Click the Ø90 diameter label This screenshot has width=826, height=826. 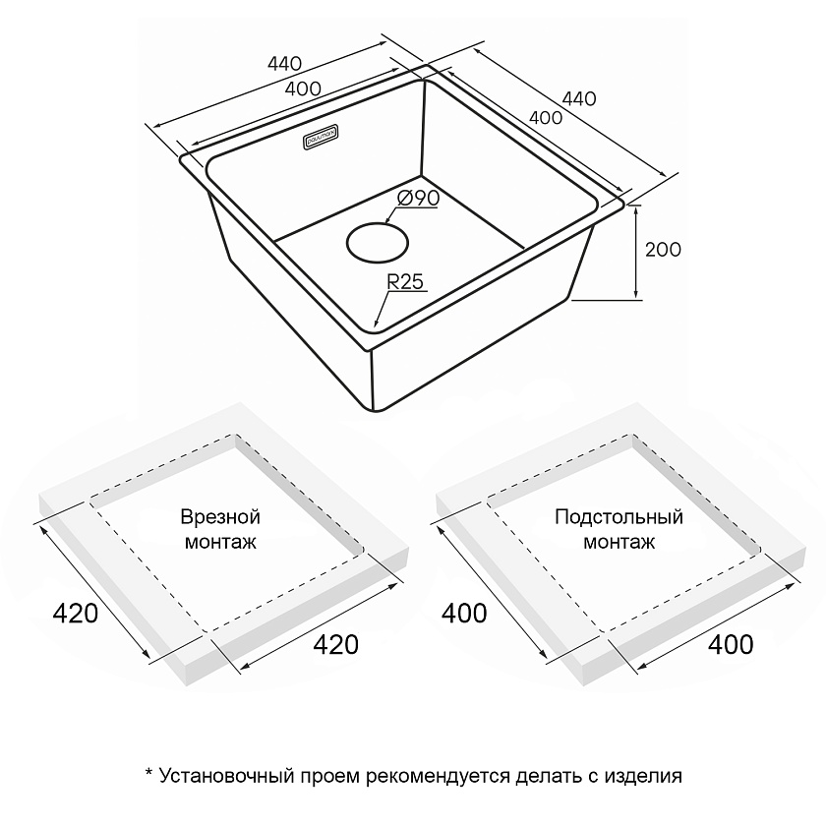coord(418,198)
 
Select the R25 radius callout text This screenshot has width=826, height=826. coord(405,282)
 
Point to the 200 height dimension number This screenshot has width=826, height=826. coord(663,249)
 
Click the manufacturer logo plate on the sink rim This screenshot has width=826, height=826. coord(321,137)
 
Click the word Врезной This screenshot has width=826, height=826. coord(220,517)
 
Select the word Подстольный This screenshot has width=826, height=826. coord(619,517)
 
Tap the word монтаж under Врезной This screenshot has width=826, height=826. coord(220,542)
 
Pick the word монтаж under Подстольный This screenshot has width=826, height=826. coord(619,542)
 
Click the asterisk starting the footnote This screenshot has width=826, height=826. coord(148,772)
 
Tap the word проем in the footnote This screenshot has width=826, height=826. coord(329,777)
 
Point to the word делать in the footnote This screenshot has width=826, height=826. coord(549,777)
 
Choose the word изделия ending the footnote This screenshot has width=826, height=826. coord(643,777)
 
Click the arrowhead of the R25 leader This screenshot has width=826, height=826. coord(376,324)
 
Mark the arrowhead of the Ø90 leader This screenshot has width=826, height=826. coord(389,219)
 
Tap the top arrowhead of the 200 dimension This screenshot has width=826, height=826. coord(636,209)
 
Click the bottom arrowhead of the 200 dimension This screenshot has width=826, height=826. coord(636,295)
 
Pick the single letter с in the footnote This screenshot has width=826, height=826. coord(593,778)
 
